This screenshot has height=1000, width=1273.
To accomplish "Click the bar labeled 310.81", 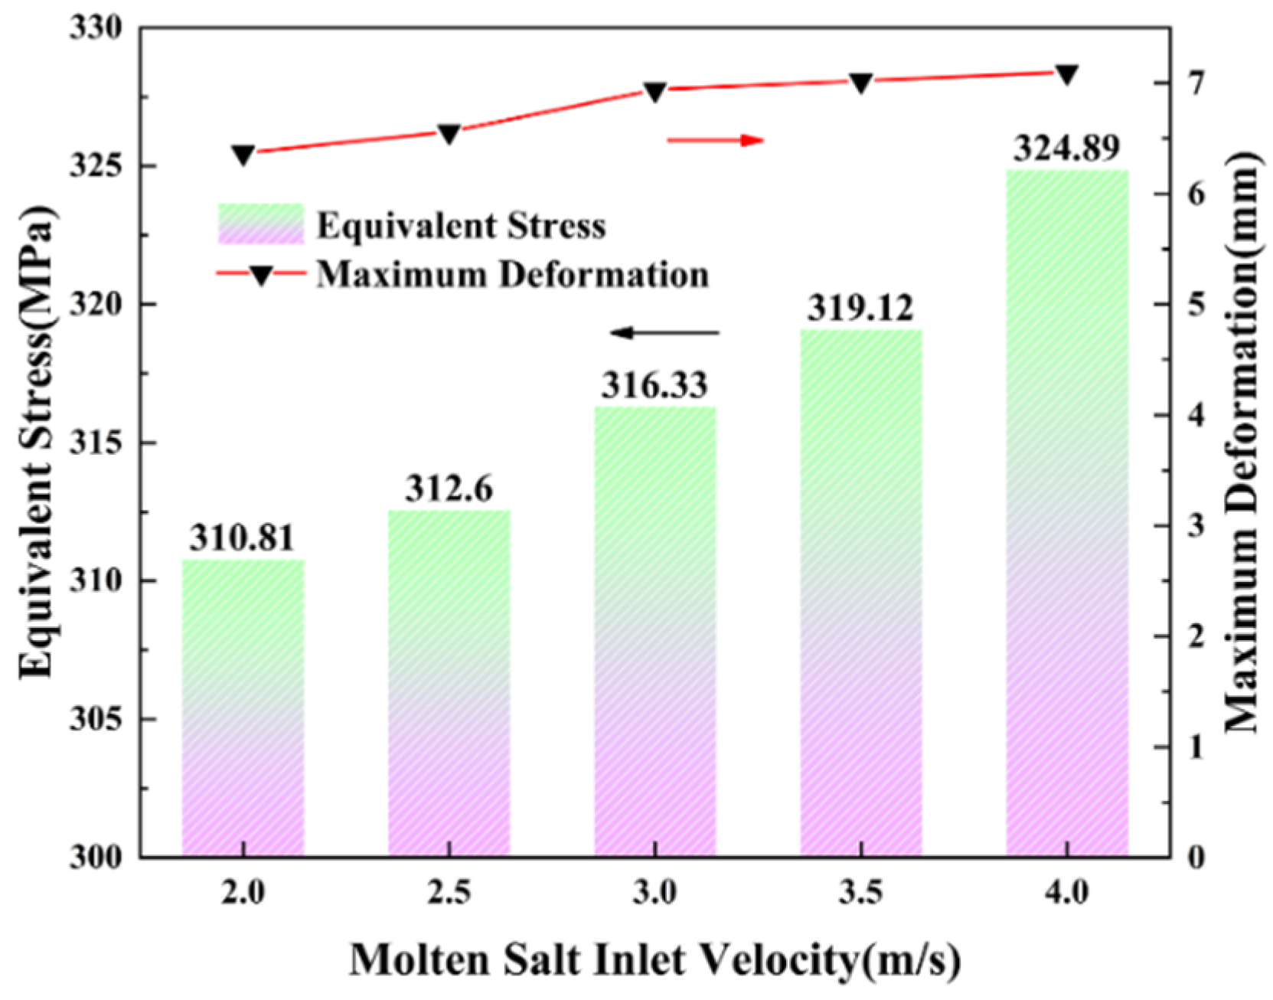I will point(243,708).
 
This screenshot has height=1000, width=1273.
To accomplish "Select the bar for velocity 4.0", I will point(1067,513).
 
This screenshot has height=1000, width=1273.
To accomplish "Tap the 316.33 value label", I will point(654,385).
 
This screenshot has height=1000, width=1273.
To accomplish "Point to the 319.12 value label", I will point(860,308).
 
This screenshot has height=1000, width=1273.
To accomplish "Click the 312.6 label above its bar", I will point(449,489).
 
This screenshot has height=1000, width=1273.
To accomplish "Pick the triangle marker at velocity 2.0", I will point(243,155).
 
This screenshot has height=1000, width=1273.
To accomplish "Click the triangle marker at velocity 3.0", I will point(655,92).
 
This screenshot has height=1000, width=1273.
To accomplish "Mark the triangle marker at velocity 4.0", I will point(1066,74).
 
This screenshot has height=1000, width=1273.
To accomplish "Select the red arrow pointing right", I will point(716,140).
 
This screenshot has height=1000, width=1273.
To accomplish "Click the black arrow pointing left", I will point(664,332).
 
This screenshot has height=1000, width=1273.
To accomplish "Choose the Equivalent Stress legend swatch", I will point(261,224).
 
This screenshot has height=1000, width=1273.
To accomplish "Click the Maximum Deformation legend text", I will point(513,274).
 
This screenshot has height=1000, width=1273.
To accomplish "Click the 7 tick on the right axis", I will point(1196,82).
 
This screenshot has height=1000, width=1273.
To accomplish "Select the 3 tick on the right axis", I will point(1196,525).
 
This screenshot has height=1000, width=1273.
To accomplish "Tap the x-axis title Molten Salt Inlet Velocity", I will point(654,959).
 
